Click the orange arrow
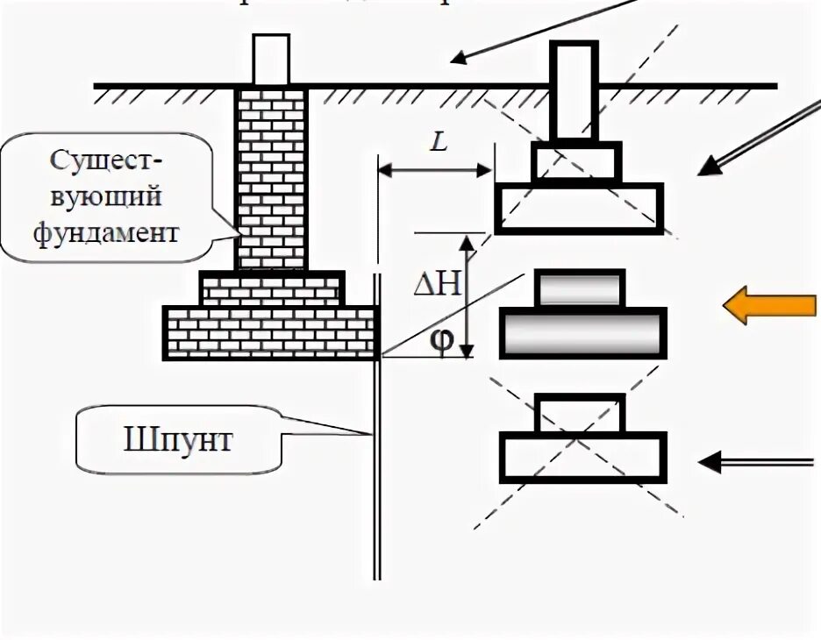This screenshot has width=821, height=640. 768,305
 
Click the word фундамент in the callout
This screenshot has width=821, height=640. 103,233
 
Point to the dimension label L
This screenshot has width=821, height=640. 439,142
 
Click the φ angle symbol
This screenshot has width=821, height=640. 443,340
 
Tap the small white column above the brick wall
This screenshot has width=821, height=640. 270,59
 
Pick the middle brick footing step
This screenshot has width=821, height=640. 271,288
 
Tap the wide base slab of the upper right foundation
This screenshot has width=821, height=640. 578,208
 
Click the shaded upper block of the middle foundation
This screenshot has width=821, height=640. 580,288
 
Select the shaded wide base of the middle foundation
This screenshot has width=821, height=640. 582,333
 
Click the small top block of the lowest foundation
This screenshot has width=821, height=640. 580,415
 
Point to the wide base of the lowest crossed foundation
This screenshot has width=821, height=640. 582,458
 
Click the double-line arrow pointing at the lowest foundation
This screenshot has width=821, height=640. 754,461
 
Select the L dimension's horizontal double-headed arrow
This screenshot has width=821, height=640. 434,172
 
